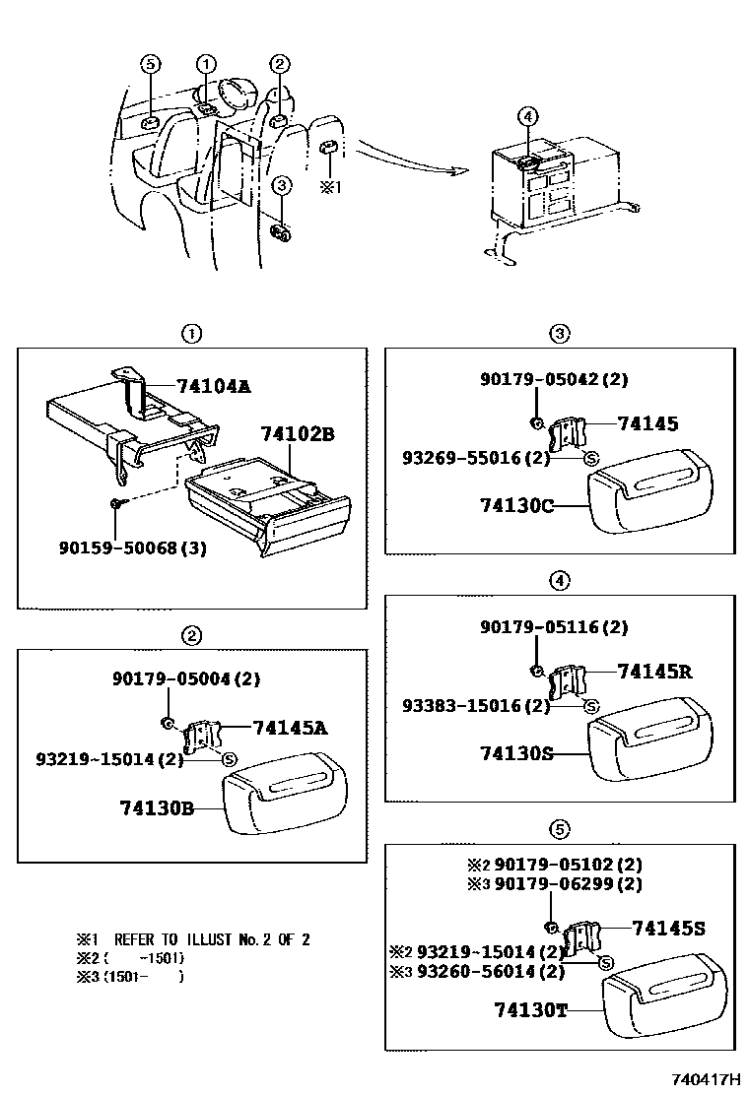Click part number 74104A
214,386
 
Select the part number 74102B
298,433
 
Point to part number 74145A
290,728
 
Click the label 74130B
157,807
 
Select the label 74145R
654,672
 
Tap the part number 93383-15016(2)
476,705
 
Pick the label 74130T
531,1009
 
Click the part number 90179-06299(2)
569,884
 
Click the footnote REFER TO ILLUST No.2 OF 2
212,939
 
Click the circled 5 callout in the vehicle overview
150,64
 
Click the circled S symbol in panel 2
229,758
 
